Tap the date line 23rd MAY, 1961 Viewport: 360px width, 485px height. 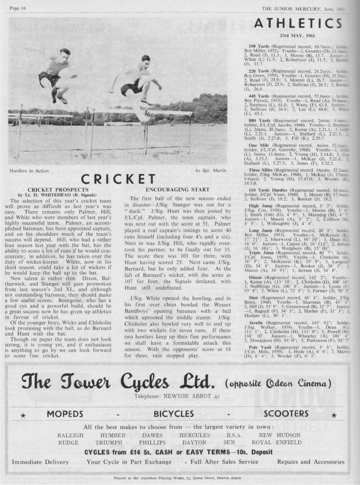click(x=296, y=37)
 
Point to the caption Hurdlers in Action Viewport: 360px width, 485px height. click(x=29, y=171)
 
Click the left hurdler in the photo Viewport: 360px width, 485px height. click(x=57, y=75)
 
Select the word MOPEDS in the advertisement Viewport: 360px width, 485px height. click(x=65, y=413)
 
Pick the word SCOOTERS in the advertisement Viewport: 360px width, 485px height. click(x=286, y=413)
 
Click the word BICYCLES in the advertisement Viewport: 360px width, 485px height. click(x=174, y=413)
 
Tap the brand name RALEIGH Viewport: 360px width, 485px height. click(x=70, y=435)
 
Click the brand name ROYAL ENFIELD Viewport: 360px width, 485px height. click(x=277, y=443)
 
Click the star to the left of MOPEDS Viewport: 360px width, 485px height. click(x=23, y=415)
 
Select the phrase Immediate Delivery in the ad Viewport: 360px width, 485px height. click(x=40, y=462)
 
